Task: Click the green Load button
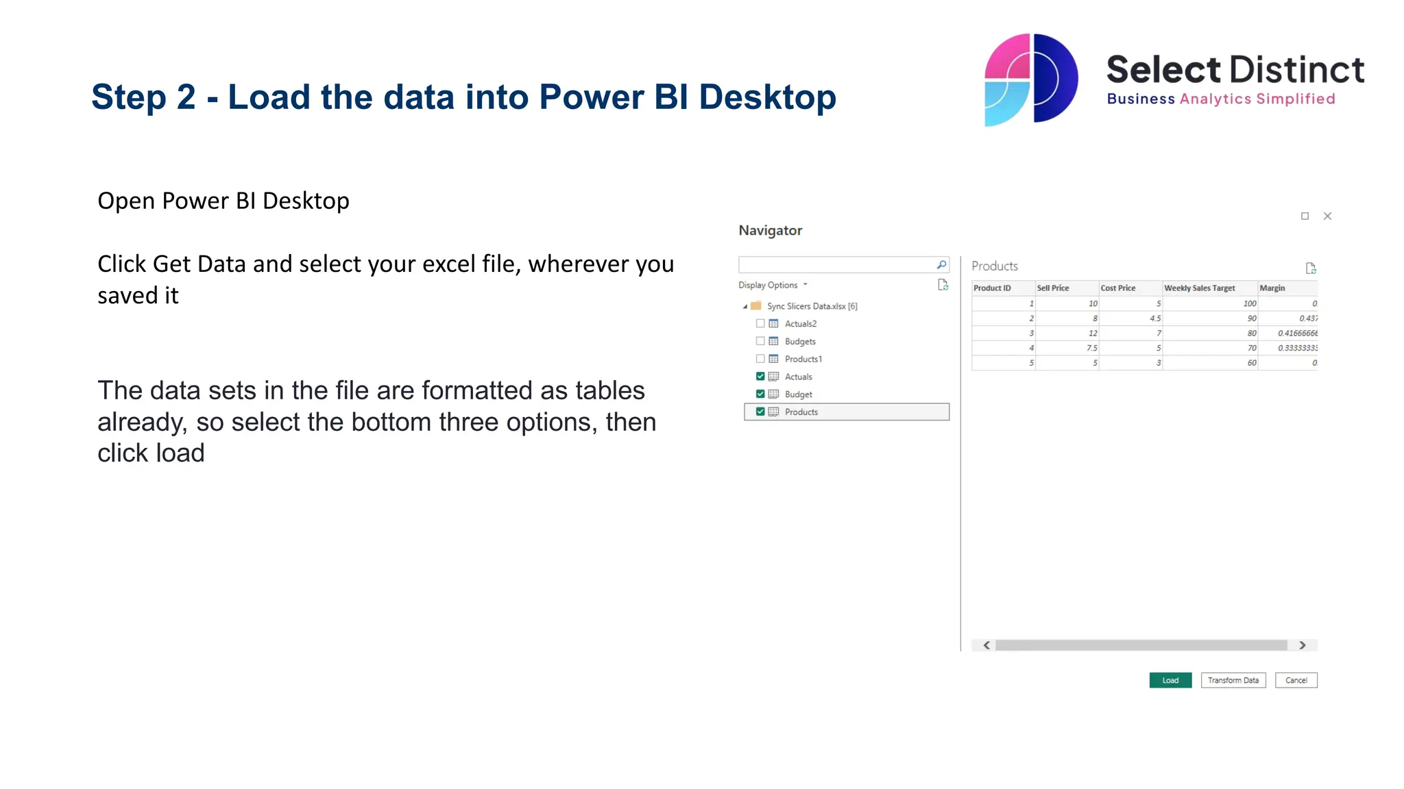pyautogui.click(x=1170, y=680)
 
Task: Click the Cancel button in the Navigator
pyautogui.click(x=1295, y=680)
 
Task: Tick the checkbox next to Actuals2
pyautogui.click(x=760, y=323)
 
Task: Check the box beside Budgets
pyautogui.click(x=760, y=341)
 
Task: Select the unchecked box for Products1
pyautogui.click(x=760, y=359)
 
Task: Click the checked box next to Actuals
pyautogui.click(x=760, y=376)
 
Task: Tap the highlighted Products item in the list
pyautogui.click(x=801, y=412)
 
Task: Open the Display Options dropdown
pyautogui.click(x=772, y=285)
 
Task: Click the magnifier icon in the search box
pyautogui.click(x=941, y=265)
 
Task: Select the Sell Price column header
pyautogui.click(x=1053, y=288)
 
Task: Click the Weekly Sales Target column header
pyautogui.click(x=1199, y=288)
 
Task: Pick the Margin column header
pyautogui.click(x=1272, y=288)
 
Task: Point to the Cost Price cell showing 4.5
pyautogui.click(x=1155, y=318)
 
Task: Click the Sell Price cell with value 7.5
pyautogui.click(x=1091, y=348)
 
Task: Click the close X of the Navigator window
pyautogui.click(x=1327, y=216)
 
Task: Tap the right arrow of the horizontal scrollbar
pyautogui.click(x=1302, y=645)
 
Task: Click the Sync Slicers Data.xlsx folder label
pyautogui.click(x=812, y=306)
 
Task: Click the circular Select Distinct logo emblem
pyautogui.click(x=1030, y=79)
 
